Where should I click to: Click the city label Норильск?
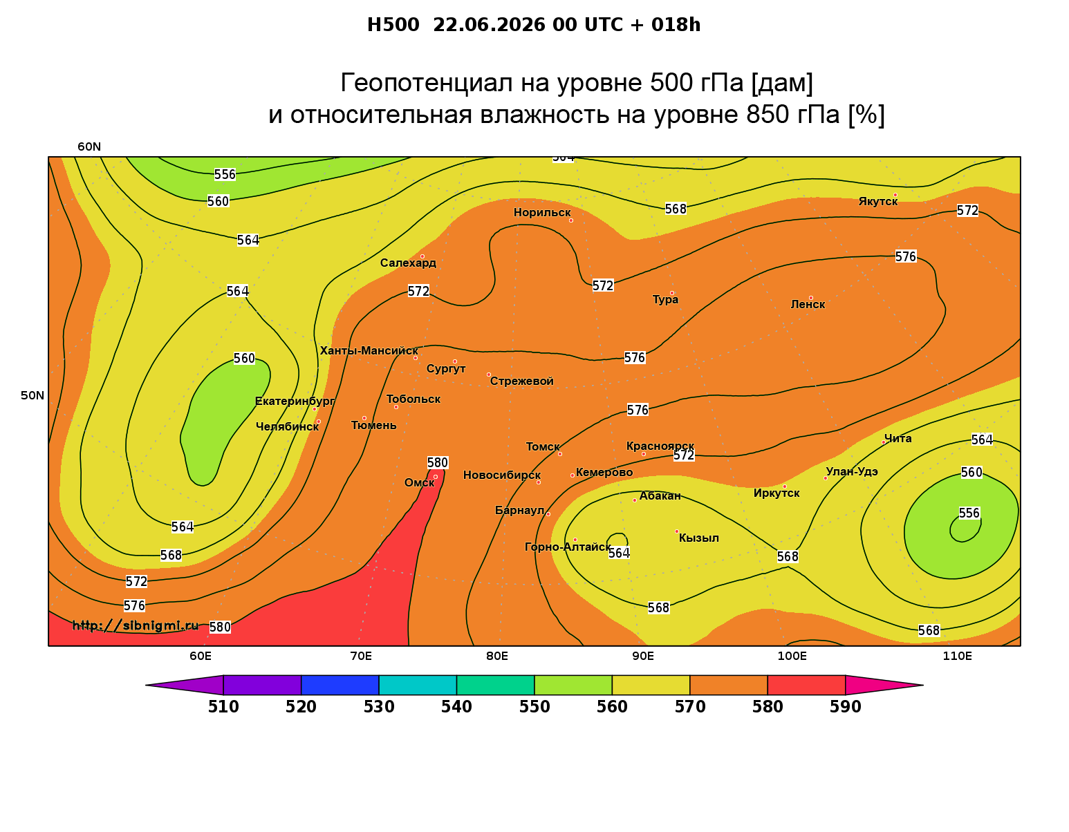point(542,212)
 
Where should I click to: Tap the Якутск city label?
point(878,201)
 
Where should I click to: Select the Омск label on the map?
point(419,482)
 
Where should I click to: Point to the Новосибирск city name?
point(502,475)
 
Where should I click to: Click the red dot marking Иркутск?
point(785,486)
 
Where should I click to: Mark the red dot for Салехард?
point(422,256)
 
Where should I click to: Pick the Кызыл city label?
point(698,538)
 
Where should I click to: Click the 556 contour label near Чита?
point(969,513)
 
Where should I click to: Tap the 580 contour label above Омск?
point(437,462)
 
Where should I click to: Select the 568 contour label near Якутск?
point(676,209)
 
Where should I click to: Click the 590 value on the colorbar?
point(845,707)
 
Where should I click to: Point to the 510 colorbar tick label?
point(223,707)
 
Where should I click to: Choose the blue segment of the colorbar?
point(340,685)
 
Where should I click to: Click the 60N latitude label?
point(89,146)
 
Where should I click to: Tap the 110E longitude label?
point(957,656)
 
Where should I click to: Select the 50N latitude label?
point(32,395)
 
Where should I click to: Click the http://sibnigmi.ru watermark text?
point(136,625)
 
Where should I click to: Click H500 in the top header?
point(393,25)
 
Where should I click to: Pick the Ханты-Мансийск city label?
point(369,350)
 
